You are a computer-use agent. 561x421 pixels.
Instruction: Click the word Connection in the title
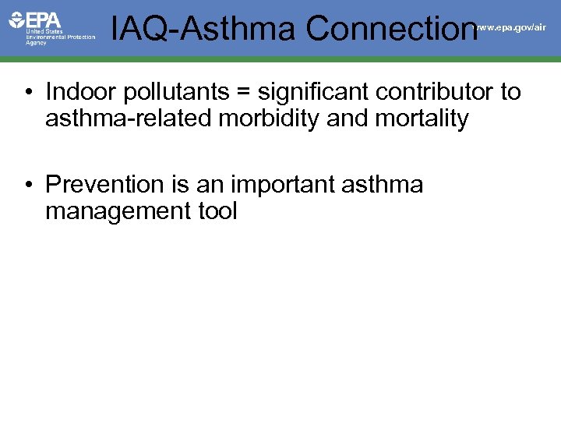click(x=390, y=29)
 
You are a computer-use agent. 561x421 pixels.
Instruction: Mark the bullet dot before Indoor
click(x=27, y=93)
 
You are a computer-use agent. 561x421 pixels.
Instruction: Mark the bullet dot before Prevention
click(x=27, y=186)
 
